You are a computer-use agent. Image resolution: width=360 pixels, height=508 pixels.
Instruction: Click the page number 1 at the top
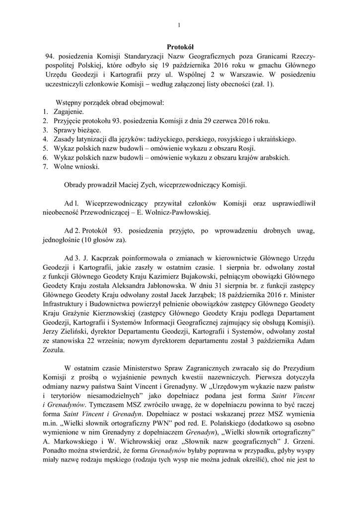pos(179,25)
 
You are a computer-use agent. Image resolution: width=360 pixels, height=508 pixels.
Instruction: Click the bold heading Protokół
pos(179,46)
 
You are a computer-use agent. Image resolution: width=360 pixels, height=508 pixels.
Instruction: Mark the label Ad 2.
pos(72,231)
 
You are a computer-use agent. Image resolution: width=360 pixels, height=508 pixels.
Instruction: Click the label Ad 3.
pos(72,259)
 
